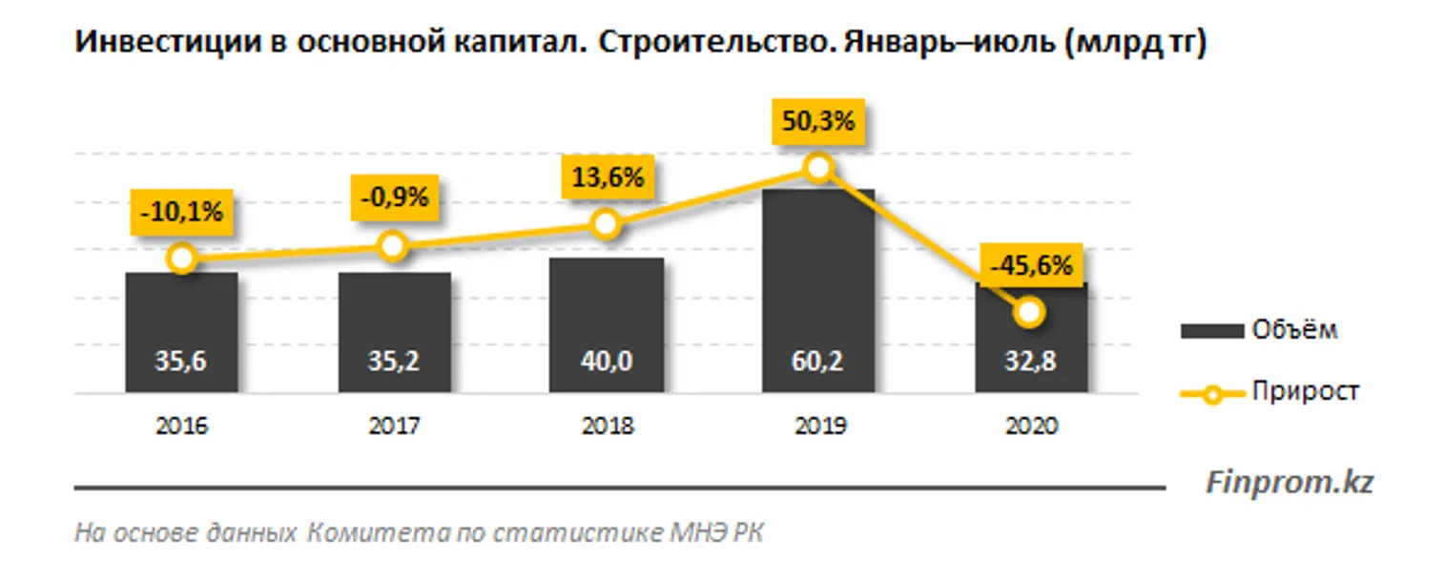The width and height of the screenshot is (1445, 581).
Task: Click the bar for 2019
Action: tap(817, 286)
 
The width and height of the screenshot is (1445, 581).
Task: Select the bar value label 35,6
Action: tap(181, 363)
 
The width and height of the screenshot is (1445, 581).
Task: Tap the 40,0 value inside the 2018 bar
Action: tap(607, 363)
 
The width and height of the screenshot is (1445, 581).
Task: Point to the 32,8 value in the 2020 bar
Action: tap(1030, 363)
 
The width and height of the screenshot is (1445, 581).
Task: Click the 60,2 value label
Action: tap(817, 363)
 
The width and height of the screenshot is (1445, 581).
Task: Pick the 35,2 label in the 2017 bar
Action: tap(394, 363)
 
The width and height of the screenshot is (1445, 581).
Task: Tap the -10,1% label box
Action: tap(181, 212)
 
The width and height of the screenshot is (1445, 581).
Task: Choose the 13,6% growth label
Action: tap(607, 176)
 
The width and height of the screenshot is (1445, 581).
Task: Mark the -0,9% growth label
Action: tap(394, 197)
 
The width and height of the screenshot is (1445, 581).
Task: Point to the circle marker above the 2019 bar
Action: tap(817, 169)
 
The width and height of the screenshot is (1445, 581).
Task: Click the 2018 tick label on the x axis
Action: tap(607, 426)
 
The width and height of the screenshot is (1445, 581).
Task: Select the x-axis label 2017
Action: tap(394, 426)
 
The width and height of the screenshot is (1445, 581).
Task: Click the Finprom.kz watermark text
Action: tap(1289, 483)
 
